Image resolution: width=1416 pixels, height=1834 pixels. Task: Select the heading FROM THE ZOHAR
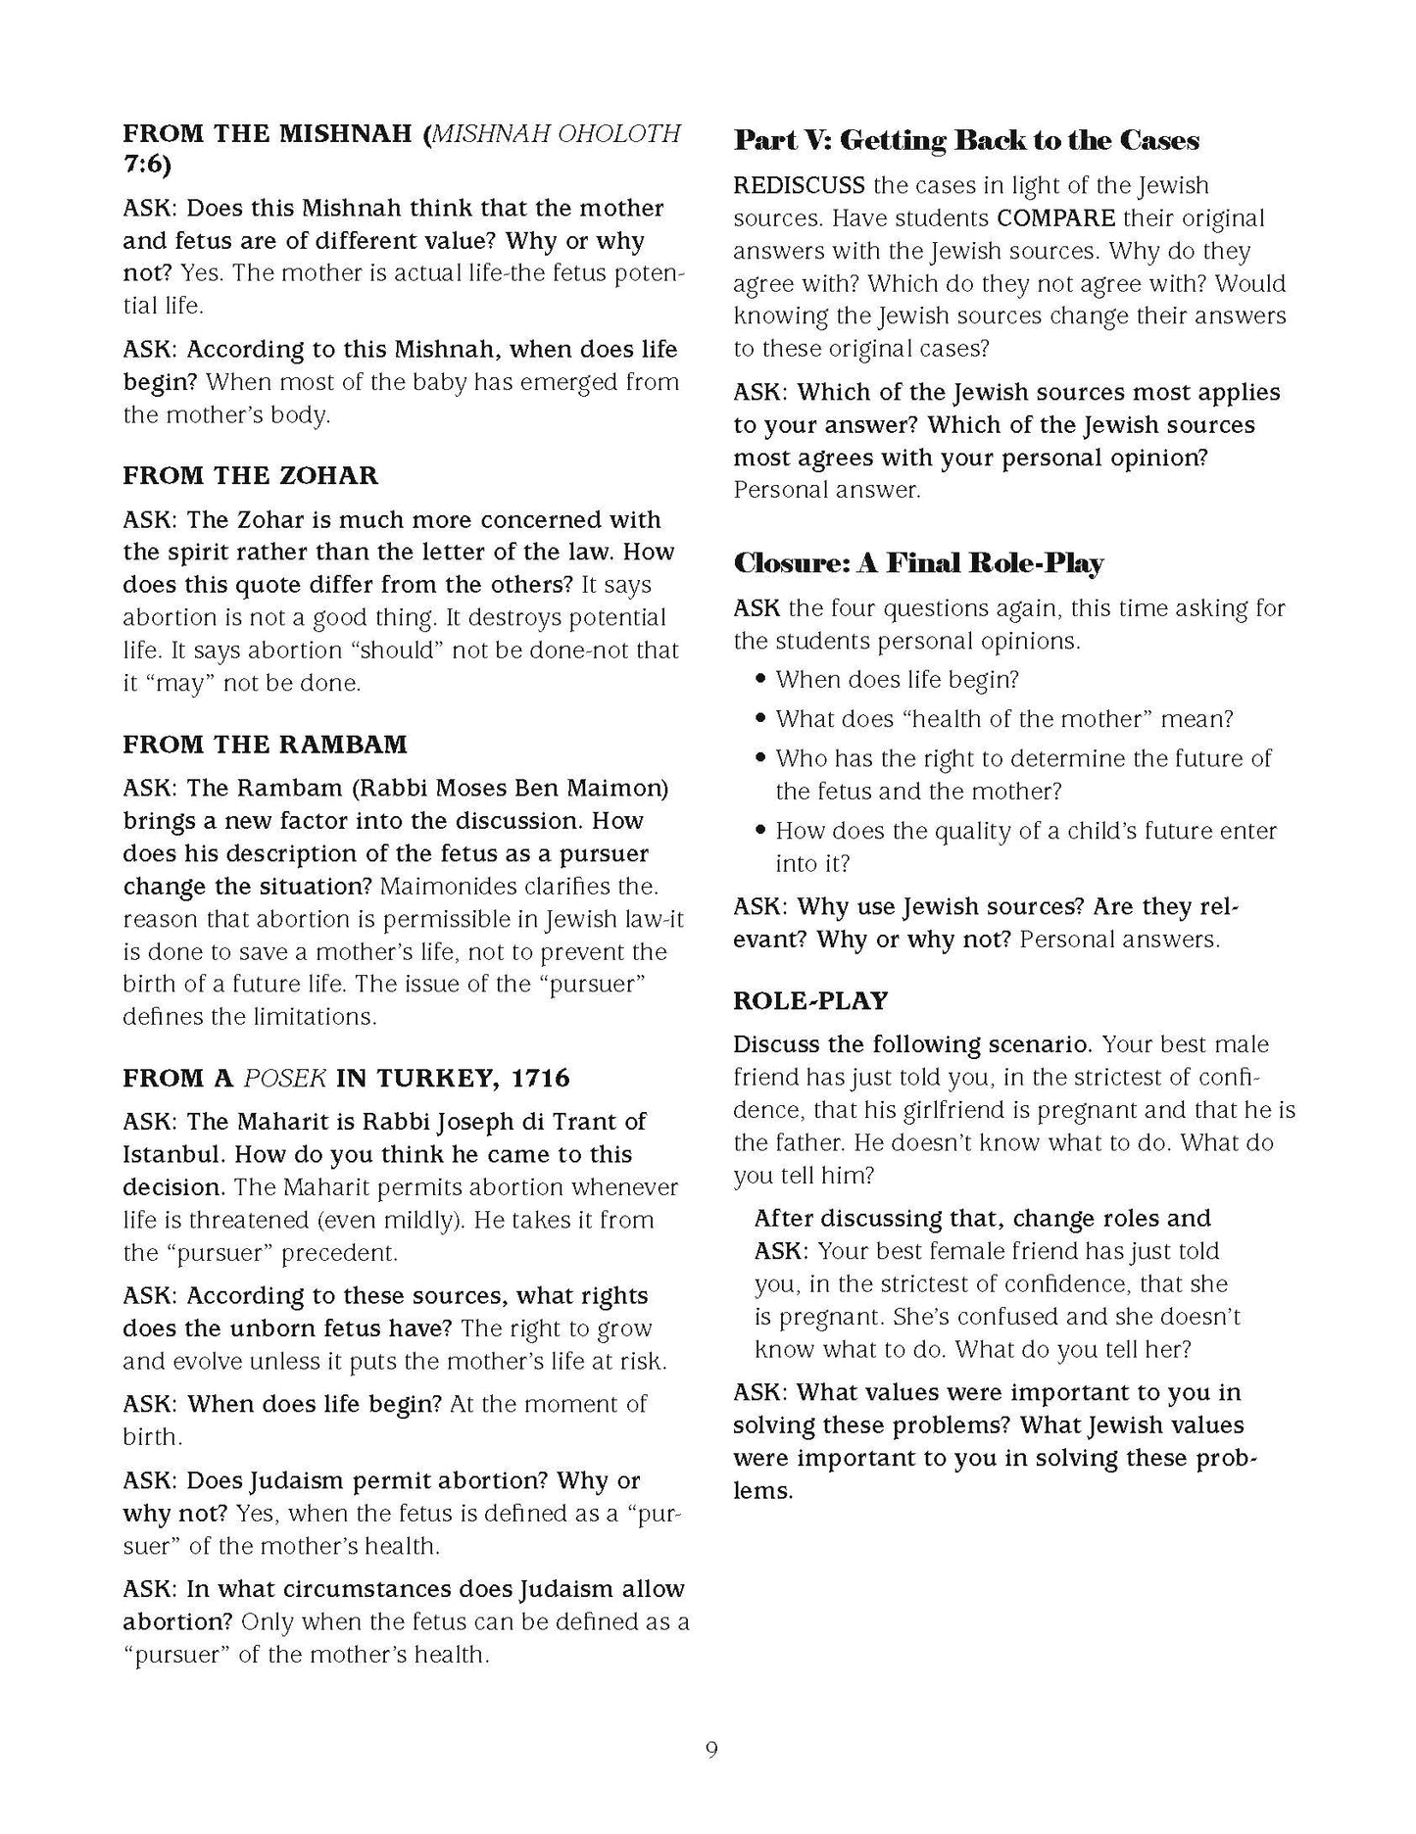(250, 476)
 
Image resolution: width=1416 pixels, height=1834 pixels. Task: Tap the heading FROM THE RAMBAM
(265, 745)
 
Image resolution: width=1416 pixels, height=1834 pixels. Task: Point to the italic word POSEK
(284, 1079)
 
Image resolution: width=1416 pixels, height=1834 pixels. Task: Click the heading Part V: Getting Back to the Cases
(966, 141)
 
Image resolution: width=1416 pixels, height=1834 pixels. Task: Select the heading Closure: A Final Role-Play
(918, 563)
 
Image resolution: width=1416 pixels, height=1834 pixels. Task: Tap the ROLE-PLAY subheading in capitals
(810, 1000)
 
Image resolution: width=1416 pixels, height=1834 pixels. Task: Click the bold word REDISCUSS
(799, 186)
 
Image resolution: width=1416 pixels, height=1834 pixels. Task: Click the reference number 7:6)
(147, 165)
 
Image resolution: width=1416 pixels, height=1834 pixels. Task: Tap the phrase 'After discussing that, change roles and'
(982, 1218)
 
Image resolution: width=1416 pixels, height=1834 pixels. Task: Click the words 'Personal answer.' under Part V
(827, 490)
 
